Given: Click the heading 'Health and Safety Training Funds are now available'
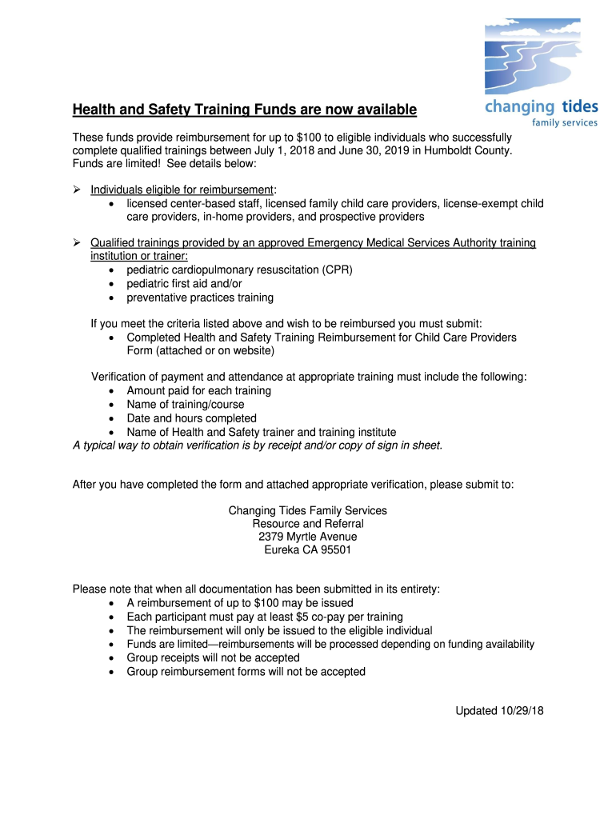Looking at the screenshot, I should click(x=245, y=109).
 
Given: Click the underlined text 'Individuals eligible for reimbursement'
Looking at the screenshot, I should click(x=182, y=190).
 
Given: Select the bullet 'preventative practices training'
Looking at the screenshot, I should click(x=200, y=298).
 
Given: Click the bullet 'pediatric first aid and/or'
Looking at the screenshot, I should click(x=184, y=284).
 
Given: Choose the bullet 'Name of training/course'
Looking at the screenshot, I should click(x=186, y=405).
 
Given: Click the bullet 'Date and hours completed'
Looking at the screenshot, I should click(x=191, y=418).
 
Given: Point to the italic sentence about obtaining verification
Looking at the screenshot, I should click(x=257, y=445).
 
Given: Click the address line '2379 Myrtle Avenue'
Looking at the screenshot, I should click(x=308, y=537).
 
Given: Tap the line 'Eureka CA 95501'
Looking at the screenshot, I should click(x=308, y=550).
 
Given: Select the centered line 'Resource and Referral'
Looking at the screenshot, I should click(x=308, y=524).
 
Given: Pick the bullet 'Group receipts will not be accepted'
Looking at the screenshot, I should click(x=213, y=657).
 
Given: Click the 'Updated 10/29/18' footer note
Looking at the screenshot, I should click(x=499, y=711).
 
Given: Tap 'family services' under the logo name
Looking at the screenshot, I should click(x=565, y=123).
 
